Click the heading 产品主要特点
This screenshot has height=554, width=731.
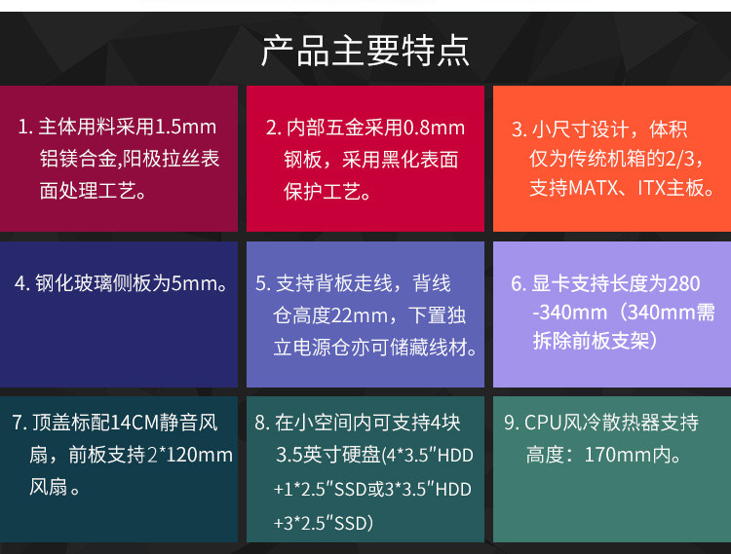365,51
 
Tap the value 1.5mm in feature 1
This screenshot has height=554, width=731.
185,127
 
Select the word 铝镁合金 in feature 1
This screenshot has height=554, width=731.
78,159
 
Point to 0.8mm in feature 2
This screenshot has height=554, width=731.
434,128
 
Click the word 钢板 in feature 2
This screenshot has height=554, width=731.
303,160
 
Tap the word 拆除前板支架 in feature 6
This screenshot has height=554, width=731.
592,341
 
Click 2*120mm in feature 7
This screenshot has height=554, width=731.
190,455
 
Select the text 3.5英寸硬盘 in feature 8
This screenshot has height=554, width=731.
328,455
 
